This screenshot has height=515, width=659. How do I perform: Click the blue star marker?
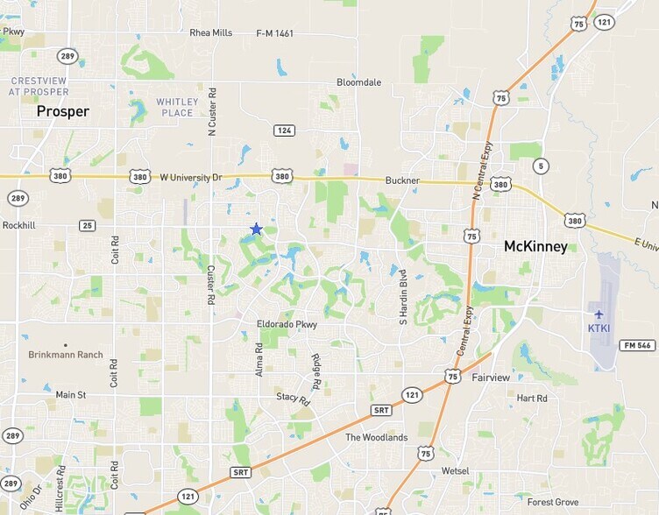(x=256, y=229)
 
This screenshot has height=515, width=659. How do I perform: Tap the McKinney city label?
(x=535, y=247)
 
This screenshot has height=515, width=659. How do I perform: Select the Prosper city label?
(x=63, y=112)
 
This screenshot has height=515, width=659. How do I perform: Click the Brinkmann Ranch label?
(x=66, y=355)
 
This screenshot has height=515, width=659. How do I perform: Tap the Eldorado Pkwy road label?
(x=287, y=324)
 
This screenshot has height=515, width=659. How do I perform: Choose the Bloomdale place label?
(x=359, y=82)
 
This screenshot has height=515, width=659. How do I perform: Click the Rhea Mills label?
(x=211, y=32)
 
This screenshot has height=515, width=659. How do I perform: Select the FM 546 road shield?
(x=637, y=345)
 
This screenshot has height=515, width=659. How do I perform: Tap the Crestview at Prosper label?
(x=39, y=86)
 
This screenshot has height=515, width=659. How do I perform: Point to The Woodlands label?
(x=376, y=437)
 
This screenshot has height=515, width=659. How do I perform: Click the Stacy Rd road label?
(x=294, y=397)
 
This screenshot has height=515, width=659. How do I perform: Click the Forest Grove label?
(x=553, y=502)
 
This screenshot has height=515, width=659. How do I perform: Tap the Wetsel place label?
(x=456, y=470)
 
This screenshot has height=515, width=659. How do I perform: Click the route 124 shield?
(x=283, y=131)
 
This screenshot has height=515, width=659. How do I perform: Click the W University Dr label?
(x=191, y=177)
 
